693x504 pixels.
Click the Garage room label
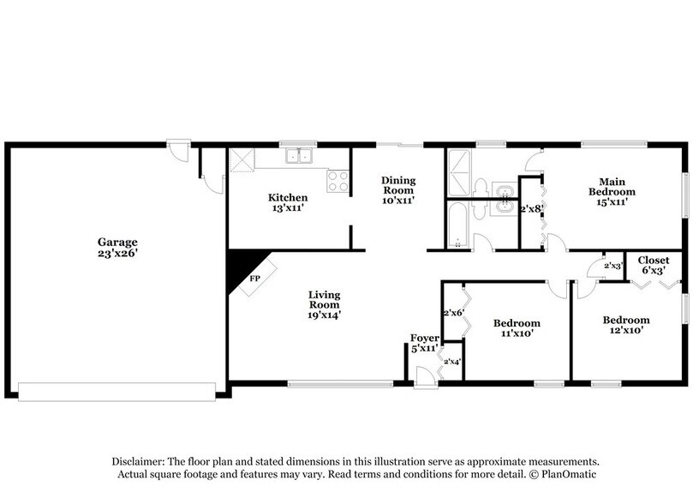[117, 248]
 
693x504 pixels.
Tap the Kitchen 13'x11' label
[289, 202]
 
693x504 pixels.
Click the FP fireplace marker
[254, 279]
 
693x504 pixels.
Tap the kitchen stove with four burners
[338, 181]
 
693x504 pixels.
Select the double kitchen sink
[300, 156]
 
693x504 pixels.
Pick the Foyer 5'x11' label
[425, 343]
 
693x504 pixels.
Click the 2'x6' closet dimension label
[452, 313]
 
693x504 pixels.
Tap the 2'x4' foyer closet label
[451, 362]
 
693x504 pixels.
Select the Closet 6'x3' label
[653, 265]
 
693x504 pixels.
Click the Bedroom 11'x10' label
[517, 327]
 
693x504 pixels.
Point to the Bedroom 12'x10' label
[625, 324]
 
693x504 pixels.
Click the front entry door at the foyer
[423, 375]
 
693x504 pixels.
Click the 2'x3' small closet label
[612, 267]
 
